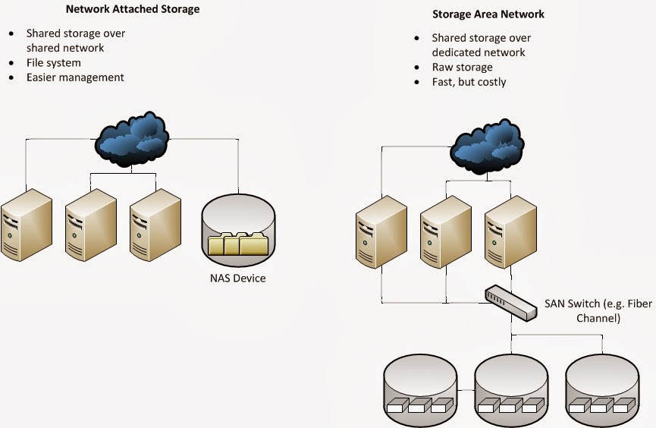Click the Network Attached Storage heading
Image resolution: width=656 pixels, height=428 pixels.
133,11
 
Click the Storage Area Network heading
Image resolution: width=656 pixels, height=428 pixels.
488,14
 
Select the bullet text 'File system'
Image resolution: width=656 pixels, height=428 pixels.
53,63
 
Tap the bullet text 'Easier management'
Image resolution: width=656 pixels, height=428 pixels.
75,77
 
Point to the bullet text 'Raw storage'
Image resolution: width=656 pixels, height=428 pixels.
462,67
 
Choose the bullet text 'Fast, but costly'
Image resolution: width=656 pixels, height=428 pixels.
469,81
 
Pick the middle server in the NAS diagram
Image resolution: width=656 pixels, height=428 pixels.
90,225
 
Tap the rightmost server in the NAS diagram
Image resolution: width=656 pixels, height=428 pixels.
155,225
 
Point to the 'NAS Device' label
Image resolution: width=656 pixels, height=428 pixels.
238,278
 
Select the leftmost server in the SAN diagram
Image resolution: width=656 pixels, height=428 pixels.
381,231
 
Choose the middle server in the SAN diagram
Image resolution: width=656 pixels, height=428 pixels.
446,231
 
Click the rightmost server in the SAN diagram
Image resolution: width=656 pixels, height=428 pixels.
510,231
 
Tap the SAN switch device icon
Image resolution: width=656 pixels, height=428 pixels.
511,301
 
